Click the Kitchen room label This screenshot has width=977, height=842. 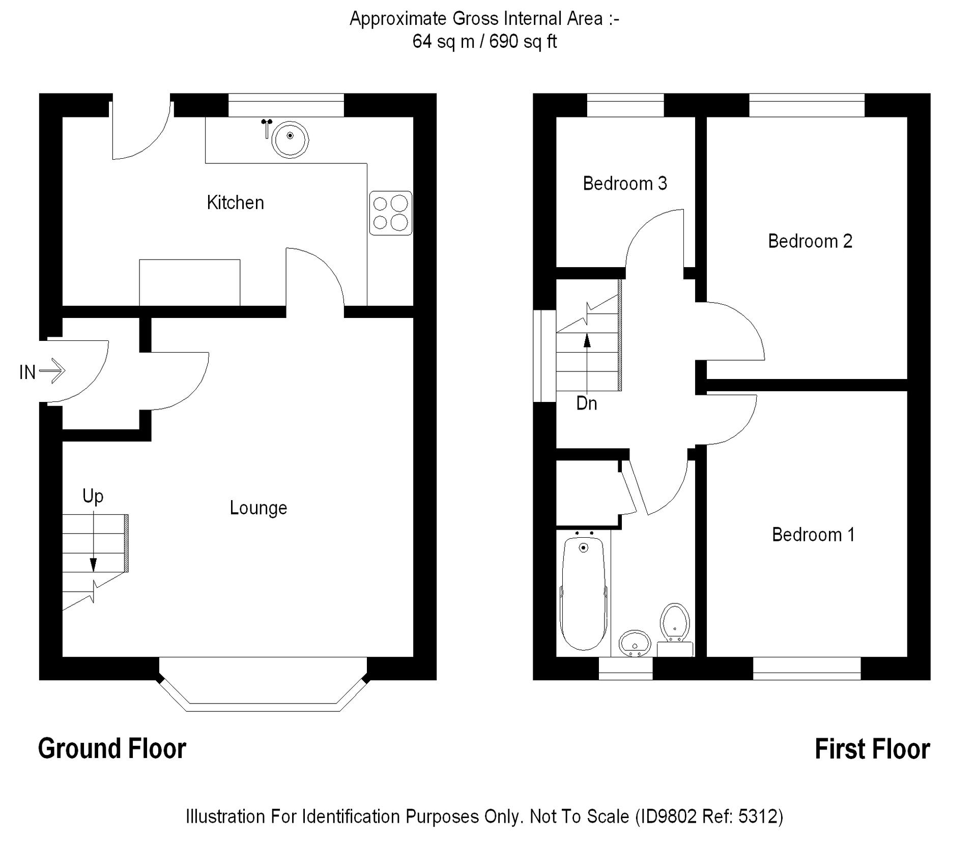235,202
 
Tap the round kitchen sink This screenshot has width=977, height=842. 290,138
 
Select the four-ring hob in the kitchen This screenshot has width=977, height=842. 390,213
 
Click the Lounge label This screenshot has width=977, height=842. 258,508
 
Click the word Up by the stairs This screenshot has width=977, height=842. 93,496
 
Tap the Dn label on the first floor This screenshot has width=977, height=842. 586,403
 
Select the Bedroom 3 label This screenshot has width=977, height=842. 624,183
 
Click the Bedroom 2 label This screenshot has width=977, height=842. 810,241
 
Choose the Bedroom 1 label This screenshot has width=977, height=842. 813,535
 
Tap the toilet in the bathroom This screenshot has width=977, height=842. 675,624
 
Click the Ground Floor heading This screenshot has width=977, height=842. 112,749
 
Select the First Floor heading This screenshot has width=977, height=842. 872,749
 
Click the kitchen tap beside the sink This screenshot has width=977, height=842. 266,128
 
